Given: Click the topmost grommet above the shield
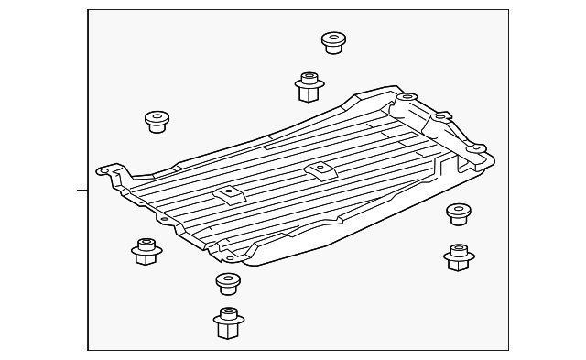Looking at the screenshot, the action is (332, 42).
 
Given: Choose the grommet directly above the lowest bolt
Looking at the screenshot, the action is (227, 282).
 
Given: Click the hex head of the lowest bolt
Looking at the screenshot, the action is (227, 327).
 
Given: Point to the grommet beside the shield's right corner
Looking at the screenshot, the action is (458, 213).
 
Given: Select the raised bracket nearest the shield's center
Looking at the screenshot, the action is (319, 169).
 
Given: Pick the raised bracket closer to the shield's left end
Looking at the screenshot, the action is (226, 195).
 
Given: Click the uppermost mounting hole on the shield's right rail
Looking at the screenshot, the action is (407, 96).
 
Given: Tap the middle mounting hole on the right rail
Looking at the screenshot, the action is (439, 116).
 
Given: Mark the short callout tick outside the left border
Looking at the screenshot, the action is (82, 191).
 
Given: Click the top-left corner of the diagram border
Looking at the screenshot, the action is (88, 10).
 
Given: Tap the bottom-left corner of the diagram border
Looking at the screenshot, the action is (88, 350).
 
